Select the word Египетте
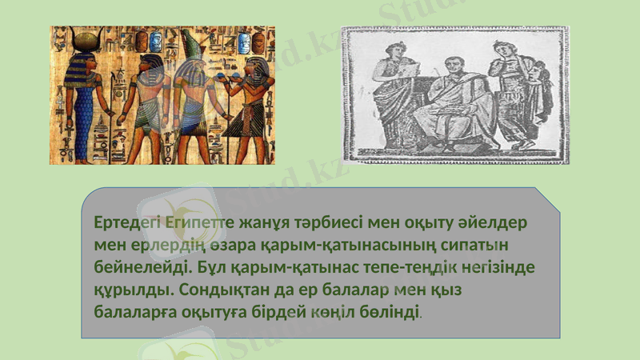point(196,222)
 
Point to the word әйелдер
point(502,222)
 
